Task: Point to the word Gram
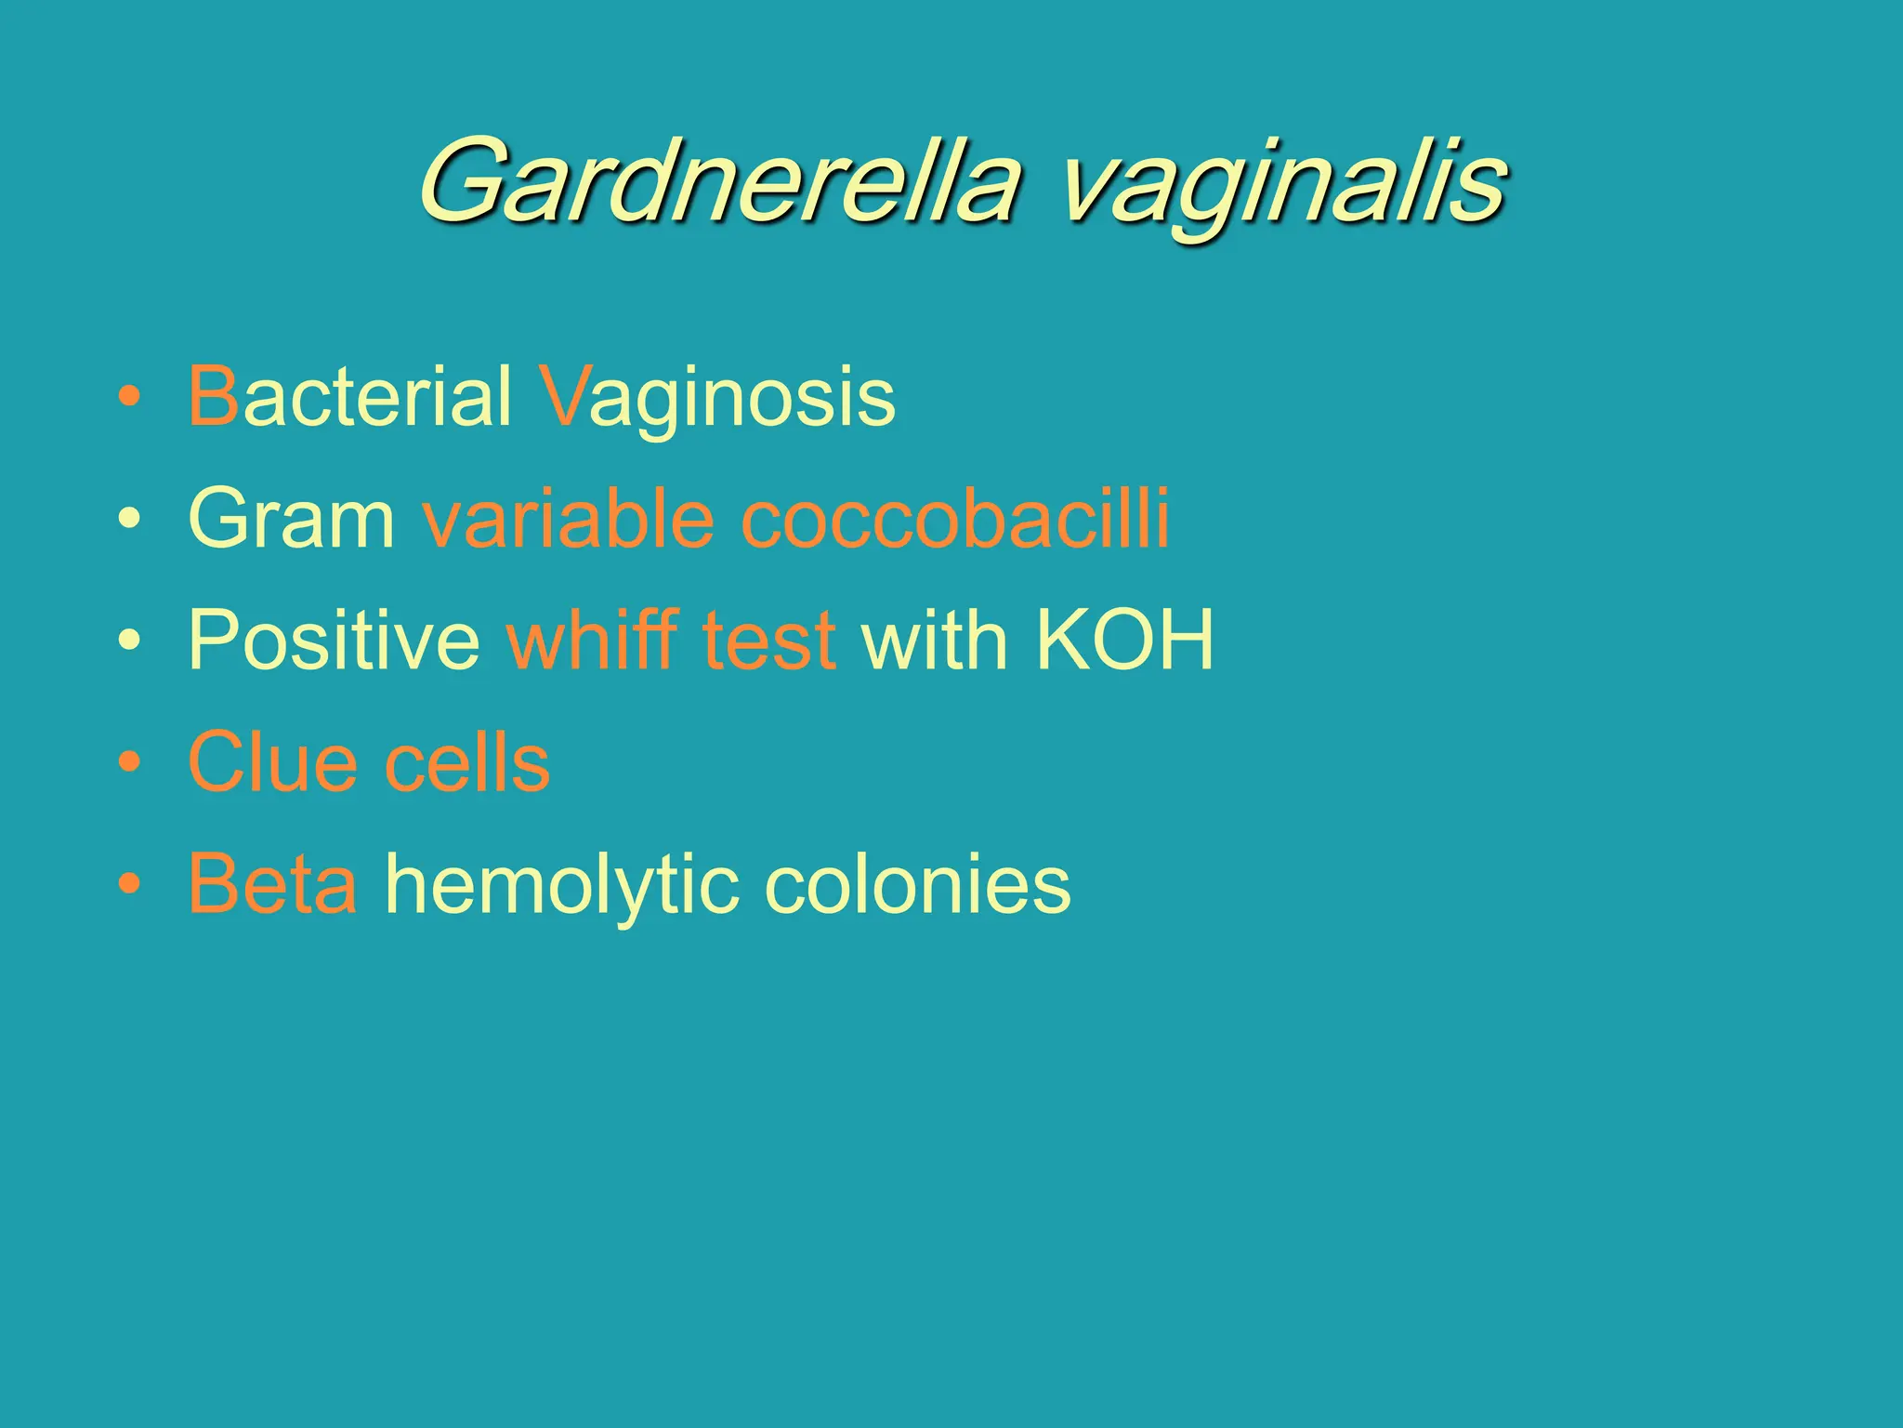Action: (292, 519)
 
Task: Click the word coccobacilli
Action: (955, 518)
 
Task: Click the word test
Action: (769, 641)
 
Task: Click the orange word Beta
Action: (272, 884)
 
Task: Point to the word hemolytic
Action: (562, 886)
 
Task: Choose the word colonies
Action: (917, 884)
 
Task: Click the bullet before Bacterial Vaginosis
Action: (130, 398)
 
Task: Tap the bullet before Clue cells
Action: (130, 763)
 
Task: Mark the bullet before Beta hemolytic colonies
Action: (130, 885)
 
